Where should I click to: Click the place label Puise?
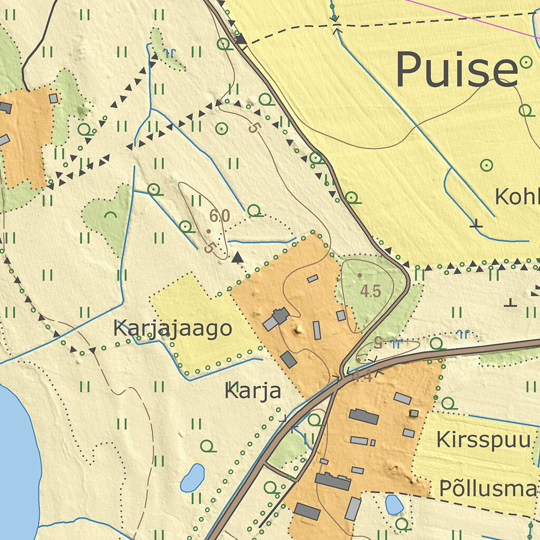pyautogui.click(x=457, y=70)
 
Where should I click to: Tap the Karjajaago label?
pyautogui.click(x=172, y=329)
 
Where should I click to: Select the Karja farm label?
pyautogui.click(x=253, y=391)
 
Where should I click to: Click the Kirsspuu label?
pyautogui.click(x=483, y=439)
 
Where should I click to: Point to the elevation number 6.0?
pyautogui.click(x=219, y=216)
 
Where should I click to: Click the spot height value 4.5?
pyautogui.click(x=370, y=291)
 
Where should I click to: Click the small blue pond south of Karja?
pyautogui.click(x=192, y=477)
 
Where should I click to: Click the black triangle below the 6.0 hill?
pyautogui.click(x=238, y=257)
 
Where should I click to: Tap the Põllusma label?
pyautogui.click(x=488, y=489)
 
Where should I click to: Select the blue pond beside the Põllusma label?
pyautogui.click(x=394, y=505)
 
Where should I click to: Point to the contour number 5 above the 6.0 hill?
pyautogui.click(x=255, y=128)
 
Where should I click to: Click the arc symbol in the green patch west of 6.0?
pyautogui.click(x=110, y=215)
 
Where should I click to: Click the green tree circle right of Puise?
pyautogui.click(x=526, y=62)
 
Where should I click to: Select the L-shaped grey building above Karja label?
pyautogui.click(x=276, y=319)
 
